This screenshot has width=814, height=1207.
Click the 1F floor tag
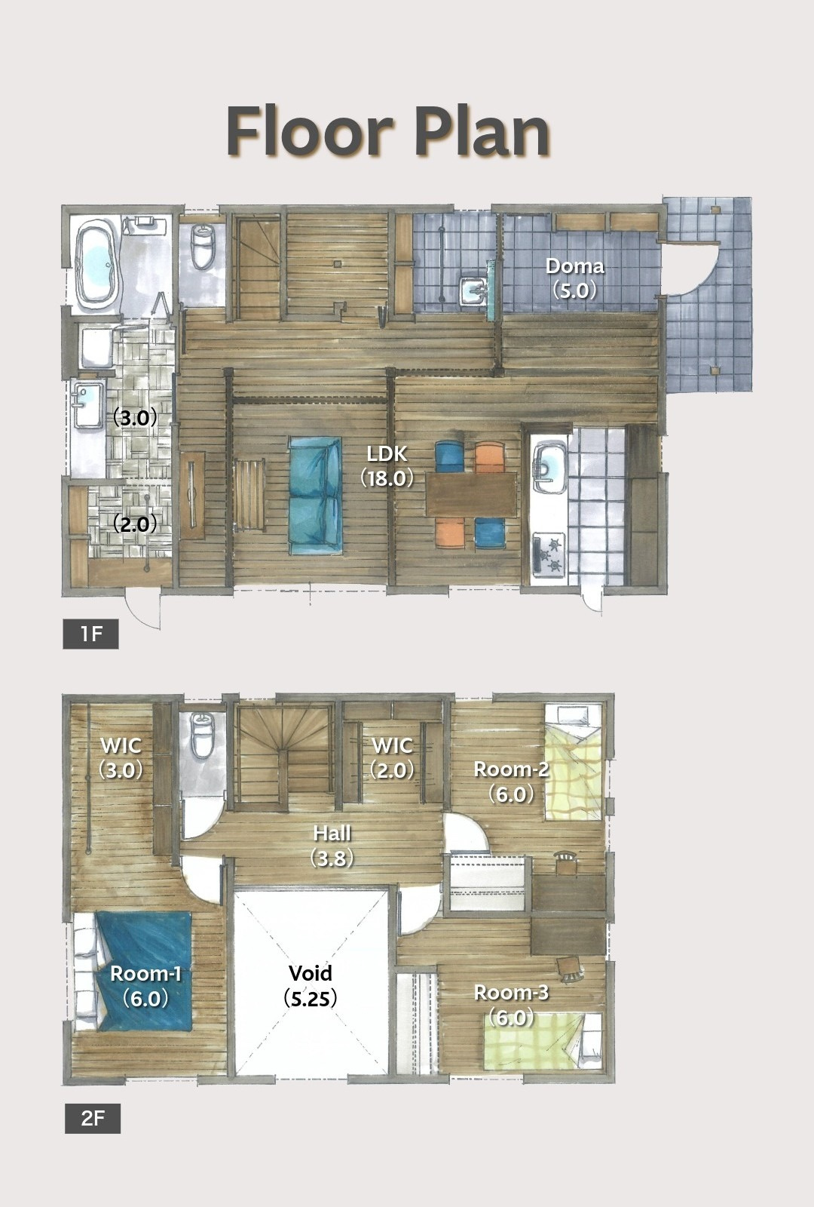pyautogui.click(x=90, y=634)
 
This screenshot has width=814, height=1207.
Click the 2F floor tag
pyautogui.click(x=93, y=1119)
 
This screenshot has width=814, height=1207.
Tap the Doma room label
pyautogui.click(x=574, y=278)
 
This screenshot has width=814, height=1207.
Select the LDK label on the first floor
pyautogui.click(x=387, y=466)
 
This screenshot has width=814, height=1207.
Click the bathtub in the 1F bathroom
pyautogui.click(x=97, y=265)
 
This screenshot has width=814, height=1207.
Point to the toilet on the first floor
pyautogui.click(x=203, y=246)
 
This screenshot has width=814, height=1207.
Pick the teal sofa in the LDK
pyautogui.click(x=315, y=496)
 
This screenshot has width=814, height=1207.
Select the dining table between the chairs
pyautogui.click(x=471, y=495)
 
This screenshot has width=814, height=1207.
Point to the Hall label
pyautogui.click(x=332, y=846)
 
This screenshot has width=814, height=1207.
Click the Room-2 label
pyautogui.click(x=511, y=782)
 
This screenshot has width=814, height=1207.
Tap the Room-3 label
pyautogui.click(x=511, y=1005)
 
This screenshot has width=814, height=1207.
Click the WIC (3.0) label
pyautogui.click(x=121, y=758)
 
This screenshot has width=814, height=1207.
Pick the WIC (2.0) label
pyautogui.click(x=393, y=758)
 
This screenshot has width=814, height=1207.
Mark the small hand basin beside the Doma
pyautogui.click(x=475, y=291)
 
